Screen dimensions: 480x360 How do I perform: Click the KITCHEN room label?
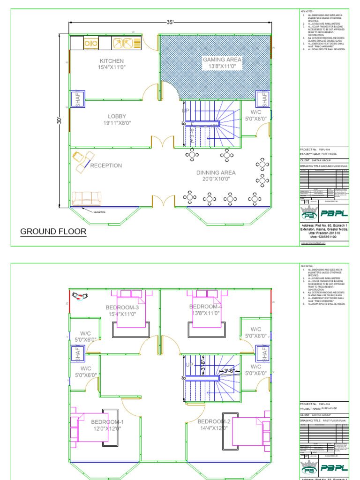pyautogui.click(x=112, y=61)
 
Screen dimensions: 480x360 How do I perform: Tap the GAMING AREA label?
pyautogui.click(x=222, y=60)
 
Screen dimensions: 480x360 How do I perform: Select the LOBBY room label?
pyautogui.click(x=117, y=116)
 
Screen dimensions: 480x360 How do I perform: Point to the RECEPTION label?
pyautogui.click(x=106, y=165)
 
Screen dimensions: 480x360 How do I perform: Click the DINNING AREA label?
pyautogui.click(x=216, y=172)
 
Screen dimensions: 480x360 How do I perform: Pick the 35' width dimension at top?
pyautogui.click(x=170, y=22)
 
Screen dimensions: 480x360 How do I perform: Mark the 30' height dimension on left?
pyautogui.click(x=60, y=120)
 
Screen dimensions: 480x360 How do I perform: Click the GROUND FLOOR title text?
pyautogui.click(x=53, y=232)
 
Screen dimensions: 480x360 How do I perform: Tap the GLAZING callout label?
pyautogui.click(x=99, y=212)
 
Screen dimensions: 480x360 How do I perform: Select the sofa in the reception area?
pyautogui.click(x=87, y=198)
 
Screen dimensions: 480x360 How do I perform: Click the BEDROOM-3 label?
pyautogui.click(x=122, y=307)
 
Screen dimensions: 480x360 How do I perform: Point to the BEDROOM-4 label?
pyautogui.click(x=205, y=307)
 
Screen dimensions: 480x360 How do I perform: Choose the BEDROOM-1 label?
pyautogui.click(x=106, y=422)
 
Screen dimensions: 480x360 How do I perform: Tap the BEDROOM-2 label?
pyautogui.click(x=213, y=422)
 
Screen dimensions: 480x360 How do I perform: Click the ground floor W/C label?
pyautogui.click(x=255, y=112)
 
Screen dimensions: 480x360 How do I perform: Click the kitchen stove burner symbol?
pyautogui.click(x=90, y=43)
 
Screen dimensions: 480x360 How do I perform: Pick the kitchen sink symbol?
pyautogui.click(x=123, y=43)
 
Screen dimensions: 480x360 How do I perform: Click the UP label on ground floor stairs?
pyautogui.click(x=186, y=111)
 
